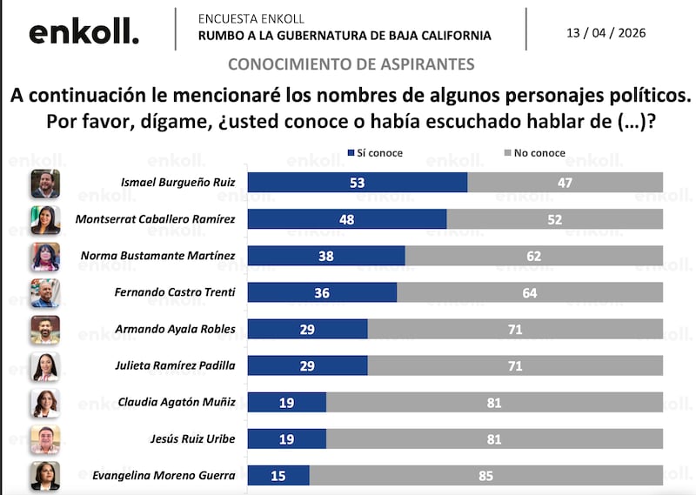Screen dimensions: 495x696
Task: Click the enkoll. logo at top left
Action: (x=84, y=32)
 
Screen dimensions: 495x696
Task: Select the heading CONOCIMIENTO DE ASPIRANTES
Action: (x=351, y=64)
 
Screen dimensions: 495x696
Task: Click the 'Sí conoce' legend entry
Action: (x=375, y=153)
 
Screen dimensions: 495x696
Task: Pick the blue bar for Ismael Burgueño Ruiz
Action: (x=357, y=182)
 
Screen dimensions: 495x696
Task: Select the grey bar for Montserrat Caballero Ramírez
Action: (x=554, y=219)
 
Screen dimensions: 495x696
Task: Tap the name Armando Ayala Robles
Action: (x=175, y=330)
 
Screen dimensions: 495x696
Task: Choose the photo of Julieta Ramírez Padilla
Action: (x=45, y=366)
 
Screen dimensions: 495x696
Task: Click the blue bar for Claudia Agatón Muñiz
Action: (x=286, y=403)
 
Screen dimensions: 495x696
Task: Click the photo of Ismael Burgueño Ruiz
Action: (x=45, y=183)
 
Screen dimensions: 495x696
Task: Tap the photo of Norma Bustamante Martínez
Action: (x=45, y=256)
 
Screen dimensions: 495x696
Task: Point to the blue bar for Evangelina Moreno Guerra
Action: (x=278, y=476)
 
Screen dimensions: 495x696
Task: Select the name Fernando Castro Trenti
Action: (x=175, y=293)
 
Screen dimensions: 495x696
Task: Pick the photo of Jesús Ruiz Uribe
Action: (x=45, y=440)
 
